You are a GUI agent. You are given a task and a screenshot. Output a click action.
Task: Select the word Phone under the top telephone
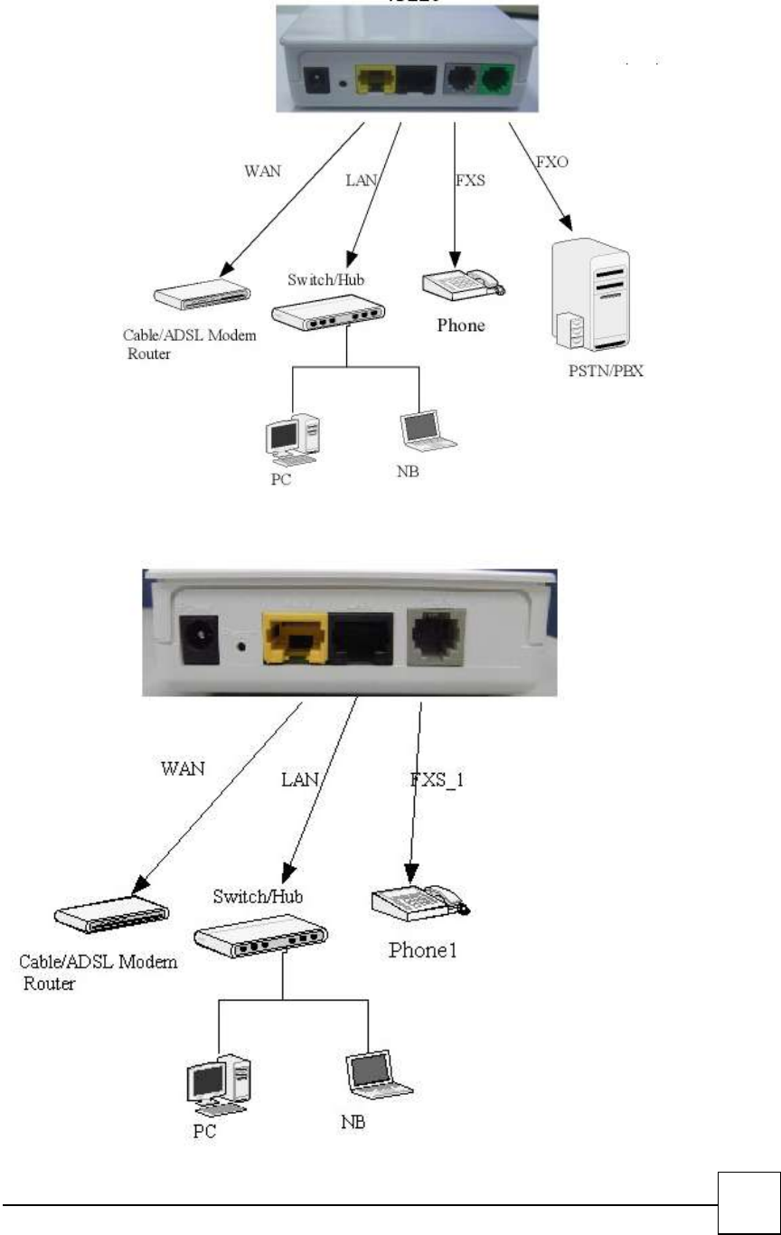coord(461,325)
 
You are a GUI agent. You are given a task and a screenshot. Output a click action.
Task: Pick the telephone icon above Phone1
coord(419,906)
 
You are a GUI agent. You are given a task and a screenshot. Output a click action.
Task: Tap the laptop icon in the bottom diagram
coord(378,1074)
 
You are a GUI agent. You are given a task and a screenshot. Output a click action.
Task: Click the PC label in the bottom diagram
coord(205,1131)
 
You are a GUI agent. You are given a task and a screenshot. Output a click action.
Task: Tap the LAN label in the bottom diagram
coord(299,779)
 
